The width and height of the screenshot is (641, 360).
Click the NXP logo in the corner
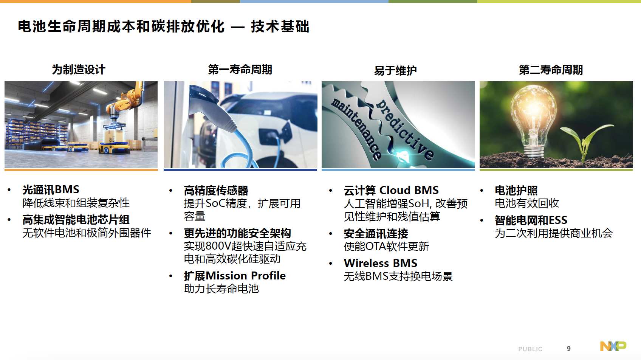coord(613,346)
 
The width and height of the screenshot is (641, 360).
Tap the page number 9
coord(568,348)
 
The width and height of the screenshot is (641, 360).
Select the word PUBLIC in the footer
coord(530,349)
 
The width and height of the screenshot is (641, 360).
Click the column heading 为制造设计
coord(79,70)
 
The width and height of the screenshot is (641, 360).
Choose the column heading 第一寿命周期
coord(240,70)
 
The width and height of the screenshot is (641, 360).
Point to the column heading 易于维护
coord(395,70)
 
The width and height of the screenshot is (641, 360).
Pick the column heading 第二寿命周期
coord(551,70)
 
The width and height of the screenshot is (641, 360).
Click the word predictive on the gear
coord(405,129)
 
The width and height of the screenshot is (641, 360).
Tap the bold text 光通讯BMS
coord(51,189)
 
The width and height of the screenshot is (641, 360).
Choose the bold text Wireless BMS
coord(381,263)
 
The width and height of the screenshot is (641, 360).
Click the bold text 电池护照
coord(516,191)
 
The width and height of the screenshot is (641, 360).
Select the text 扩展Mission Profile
coord(235,276)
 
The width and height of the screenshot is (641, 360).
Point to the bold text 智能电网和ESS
coord(531,220)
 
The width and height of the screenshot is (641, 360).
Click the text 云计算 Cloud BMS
coord(391,190)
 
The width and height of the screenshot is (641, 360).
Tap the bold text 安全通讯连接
coord(376,234)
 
